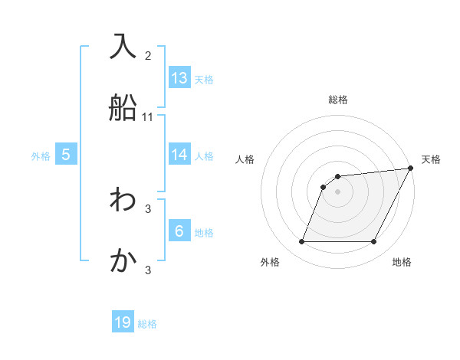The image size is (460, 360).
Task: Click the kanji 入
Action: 123,46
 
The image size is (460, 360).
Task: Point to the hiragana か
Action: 123,261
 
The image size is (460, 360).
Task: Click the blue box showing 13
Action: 179,78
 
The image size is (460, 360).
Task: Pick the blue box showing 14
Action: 179,155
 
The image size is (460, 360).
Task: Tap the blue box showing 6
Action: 179,231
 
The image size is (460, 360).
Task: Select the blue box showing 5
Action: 66,155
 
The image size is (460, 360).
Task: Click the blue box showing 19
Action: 123,322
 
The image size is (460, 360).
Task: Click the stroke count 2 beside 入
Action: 148,55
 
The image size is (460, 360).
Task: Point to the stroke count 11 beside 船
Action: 148,117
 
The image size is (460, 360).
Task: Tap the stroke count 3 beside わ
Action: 148,208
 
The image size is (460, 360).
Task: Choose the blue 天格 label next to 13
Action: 204,79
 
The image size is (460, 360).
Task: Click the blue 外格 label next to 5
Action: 41,155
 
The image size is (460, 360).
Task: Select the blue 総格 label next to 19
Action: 147,324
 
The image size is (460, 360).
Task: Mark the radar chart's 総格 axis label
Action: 338,100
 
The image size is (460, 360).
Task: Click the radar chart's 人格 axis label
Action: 245,159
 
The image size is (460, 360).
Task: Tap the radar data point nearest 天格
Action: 411,169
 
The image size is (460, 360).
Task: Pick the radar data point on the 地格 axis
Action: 374,242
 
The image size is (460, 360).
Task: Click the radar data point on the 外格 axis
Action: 301,242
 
